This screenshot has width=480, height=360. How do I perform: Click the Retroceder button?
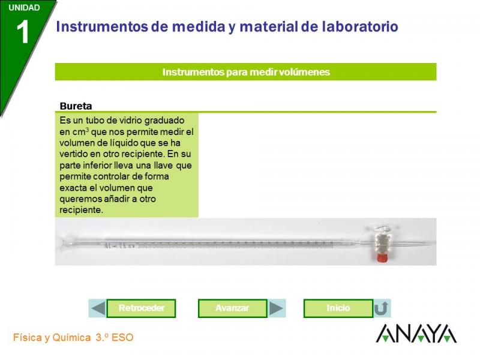[x=141, y=308]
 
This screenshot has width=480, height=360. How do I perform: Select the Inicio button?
[x=338, y=308]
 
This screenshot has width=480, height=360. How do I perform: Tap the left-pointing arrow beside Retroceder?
[x=98, y=308]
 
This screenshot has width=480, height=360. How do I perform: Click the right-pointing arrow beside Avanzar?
[x=276, y=308]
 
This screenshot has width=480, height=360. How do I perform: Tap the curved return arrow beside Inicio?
[x=382, y=308]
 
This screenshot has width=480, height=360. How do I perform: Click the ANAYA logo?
[x=416, y=334]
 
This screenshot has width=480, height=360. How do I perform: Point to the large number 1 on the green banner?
[x=23, y=32]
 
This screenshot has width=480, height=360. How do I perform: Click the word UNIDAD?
[x=24, y=8]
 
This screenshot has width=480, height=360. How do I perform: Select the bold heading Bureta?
[x=76, y=106]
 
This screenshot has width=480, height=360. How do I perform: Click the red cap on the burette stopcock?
[x=382, y=258]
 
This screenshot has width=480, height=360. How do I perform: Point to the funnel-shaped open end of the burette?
[x=64, y=244]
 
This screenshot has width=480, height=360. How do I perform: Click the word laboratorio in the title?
[x=360, y=26]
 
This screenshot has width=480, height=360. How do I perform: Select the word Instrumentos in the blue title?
[x=101, y=26]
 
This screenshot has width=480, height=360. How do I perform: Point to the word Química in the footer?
[x=71, y=338]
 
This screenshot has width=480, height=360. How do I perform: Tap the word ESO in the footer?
[x=122, y=338]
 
